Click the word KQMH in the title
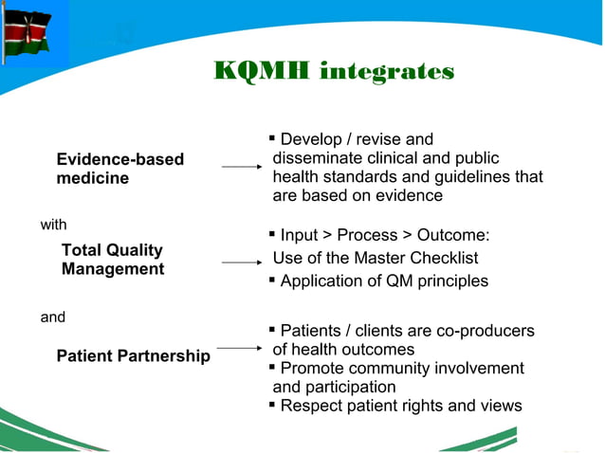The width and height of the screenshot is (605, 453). click(262, 72)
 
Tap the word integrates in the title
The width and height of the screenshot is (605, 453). click(386, 72)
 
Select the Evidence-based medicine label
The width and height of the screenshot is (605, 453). click(119, 169)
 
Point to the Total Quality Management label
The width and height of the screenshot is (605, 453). click(112, 260)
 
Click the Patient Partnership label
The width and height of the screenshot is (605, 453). click(133, 356)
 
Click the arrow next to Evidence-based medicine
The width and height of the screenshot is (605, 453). click(241, 167)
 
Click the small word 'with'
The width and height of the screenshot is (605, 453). click(53, 225)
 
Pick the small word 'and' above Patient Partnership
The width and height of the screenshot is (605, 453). click(52, 317)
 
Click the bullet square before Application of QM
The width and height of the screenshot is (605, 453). click(272, 281)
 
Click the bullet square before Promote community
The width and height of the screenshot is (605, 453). click(272, 368)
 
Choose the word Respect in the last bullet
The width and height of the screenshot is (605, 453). click(312, 406)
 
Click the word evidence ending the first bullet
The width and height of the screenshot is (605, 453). click(405, 196)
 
